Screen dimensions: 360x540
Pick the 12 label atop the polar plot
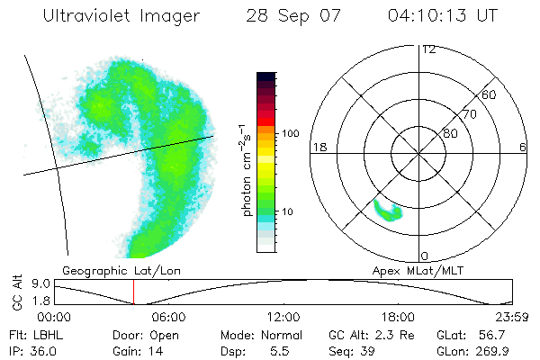(428, 49)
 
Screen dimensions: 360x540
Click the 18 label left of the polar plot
(318, 147)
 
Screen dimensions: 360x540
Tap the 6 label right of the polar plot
(523, 147)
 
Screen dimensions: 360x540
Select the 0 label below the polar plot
(425, 256)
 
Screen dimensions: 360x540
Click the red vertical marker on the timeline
(133, 292)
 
